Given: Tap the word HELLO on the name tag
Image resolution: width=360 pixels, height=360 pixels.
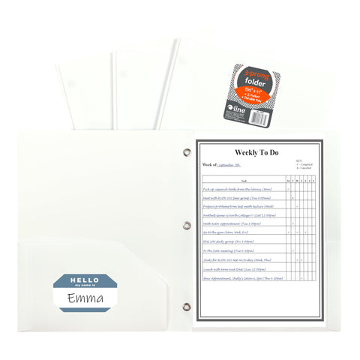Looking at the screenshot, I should click(85, 280).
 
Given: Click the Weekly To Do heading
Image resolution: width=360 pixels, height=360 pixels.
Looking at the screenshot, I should click(256, 152).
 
